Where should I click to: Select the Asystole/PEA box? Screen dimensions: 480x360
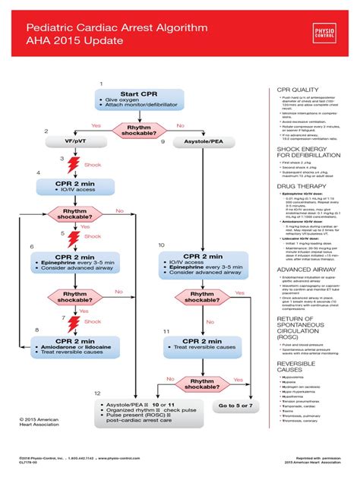199,141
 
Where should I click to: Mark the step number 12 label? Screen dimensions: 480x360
96,393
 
